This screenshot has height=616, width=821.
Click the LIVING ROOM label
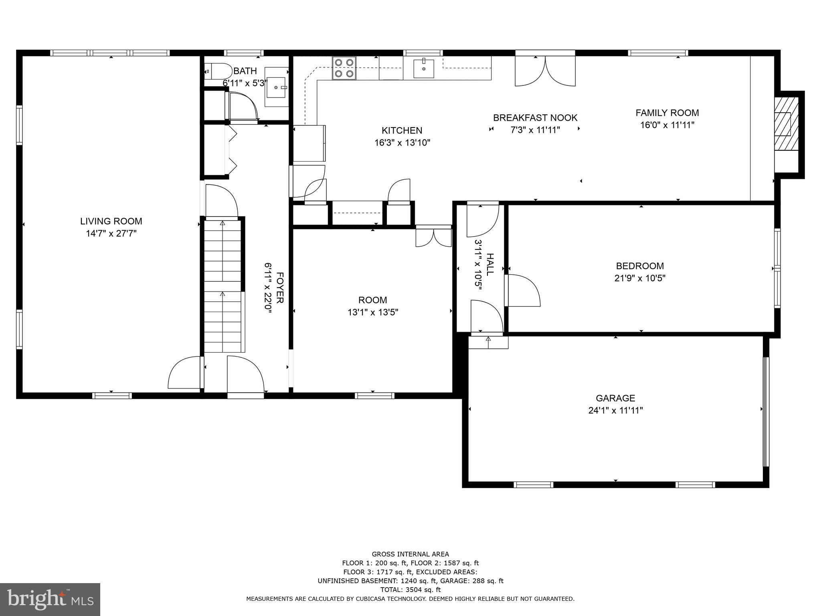tap(111, 221)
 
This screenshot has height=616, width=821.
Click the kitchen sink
tap(423, 68)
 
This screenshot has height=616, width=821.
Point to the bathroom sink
tap(277, 87)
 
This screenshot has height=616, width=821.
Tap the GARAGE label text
tap(615, 398)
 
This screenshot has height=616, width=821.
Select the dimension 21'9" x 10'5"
tap(640, 278)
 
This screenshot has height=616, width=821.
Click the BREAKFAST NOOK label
tap(535, 118)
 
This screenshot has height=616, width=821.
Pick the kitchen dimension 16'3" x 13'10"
tap(402, 143)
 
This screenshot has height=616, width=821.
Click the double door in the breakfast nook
tap(545, 71)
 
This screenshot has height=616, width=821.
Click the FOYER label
tap(280, 288)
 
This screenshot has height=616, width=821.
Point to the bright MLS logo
tap(50, 599)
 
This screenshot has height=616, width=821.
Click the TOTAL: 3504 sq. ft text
tap(410, 590)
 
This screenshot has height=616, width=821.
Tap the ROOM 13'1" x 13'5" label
tap(372, 306)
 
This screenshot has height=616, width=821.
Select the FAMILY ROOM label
tap(667, 113)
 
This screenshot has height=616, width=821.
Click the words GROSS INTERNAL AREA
tap(410, 554)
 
